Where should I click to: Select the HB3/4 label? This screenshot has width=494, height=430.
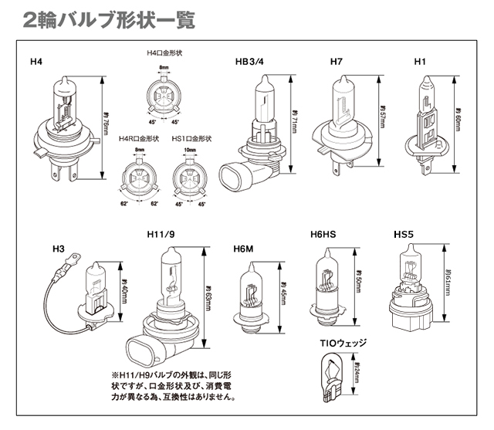(x=251, y=60)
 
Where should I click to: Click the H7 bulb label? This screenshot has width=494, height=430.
(x=336, y=60)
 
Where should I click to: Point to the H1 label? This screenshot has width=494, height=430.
(x=421, y=60)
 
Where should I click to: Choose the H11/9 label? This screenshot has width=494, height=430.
(x=159, y=234)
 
